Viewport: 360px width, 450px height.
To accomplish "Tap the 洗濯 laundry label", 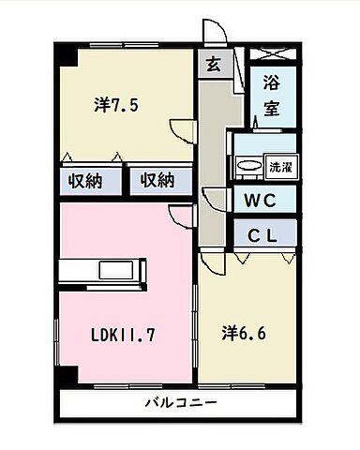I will click(x=279, y=167).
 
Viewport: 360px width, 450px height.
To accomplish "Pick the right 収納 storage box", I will click(x=157, y=180).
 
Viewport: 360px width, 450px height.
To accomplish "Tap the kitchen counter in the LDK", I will click(x=100, y=269).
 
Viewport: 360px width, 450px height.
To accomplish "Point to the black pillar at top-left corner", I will click(x=62, y=52).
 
